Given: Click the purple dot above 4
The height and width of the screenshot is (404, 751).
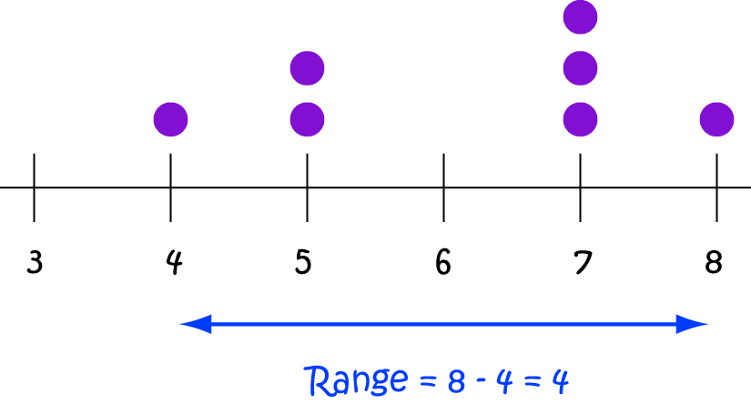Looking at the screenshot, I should point(170,118).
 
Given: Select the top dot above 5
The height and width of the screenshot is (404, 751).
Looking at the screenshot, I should point(307,67).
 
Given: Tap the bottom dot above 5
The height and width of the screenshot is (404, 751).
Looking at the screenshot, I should point(307,118).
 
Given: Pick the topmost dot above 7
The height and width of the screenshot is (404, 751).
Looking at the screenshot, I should point(581,16).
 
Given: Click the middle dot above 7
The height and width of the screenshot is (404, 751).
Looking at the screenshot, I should point(581,67).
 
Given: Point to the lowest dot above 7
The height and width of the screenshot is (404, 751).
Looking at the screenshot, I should point(581,118).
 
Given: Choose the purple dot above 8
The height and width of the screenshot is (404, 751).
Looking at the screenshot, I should point(717,118).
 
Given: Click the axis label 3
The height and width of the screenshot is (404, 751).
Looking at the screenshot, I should point(35,262).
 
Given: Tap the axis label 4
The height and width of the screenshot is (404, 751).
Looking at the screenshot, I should point(173,262).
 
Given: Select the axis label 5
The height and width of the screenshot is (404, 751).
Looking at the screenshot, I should point(304,262).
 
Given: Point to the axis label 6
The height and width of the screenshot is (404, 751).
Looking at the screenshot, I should point(443,262).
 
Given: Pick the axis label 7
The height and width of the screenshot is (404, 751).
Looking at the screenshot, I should point(582,262).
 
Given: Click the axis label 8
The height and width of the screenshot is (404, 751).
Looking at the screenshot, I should point(714,262).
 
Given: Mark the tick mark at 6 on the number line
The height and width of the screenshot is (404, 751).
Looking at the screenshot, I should point(444,187).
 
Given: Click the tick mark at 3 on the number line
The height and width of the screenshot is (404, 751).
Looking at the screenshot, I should point(34,187).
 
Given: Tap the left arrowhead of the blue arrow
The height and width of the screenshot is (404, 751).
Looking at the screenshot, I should point(193,322).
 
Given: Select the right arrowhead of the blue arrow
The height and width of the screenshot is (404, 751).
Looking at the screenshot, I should point(695,322).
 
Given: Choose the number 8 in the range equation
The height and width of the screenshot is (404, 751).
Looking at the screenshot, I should point(454,379).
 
